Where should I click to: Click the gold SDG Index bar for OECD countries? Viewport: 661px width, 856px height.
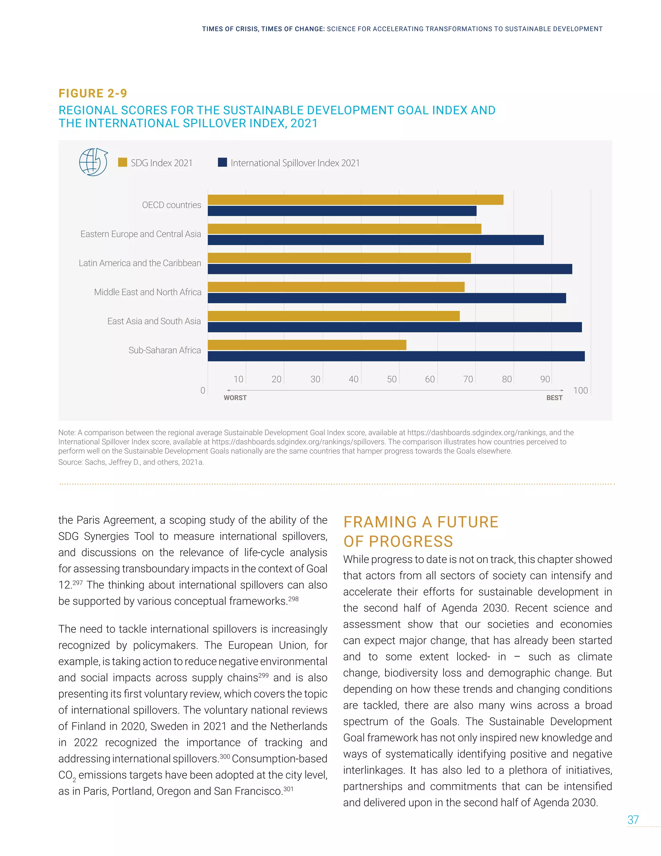point(355,200)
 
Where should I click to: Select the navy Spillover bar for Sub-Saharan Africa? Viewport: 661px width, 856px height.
point(396,356)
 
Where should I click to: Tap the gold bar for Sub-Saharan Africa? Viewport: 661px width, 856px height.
point(307,345)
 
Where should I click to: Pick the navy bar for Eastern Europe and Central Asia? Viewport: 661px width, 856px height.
point(376,240)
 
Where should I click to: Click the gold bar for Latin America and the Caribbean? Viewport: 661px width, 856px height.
point(339,258)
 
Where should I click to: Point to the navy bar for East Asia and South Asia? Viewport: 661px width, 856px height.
point(394,327)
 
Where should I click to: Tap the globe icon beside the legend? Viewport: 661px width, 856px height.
point(93,162)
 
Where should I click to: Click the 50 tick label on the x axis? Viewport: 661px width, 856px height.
point(392,379)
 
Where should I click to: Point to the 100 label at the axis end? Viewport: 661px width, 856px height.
point(580,391)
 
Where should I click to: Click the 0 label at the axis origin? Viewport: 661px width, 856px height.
point(203,391)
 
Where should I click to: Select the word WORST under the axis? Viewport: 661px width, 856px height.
point(235,398)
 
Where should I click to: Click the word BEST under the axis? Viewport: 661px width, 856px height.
point(554,398)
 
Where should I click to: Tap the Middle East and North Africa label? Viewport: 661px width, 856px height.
point(147,292)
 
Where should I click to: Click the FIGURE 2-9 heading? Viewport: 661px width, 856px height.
point(93,93)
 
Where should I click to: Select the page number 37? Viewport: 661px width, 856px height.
point(633,819)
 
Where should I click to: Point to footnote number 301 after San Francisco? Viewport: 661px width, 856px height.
point(288,789)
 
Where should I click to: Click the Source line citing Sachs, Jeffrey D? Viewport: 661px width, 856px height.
point(131,462)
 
